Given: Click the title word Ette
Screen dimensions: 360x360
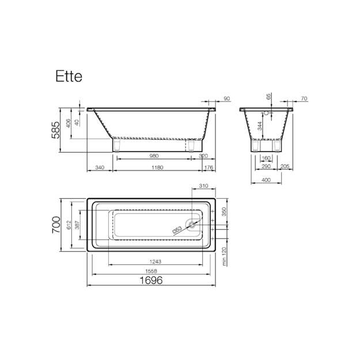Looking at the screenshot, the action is pyautogui.click(x=69, y=77).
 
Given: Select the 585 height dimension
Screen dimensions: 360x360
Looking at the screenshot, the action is pyautogui.click(x=55, y=130).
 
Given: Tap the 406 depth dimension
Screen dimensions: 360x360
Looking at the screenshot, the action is pyautogui.click(x=69, y=123).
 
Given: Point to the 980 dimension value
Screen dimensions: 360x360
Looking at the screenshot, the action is pyautogui.click(x=154, y=156).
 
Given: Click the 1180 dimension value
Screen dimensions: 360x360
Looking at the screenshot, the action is pyautogui.click(x=157, y=168).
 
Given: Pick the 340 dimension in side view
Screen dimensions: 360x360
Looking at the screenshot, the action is pyautogui.click(x=100, y=168).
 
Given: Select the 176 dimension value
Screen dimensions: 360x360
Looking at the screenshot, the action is pyautogui.click(x=209, y=168).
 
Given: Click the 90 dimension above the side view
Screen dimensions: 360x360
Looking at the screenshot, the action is pyautogui.click(x=227, y=98).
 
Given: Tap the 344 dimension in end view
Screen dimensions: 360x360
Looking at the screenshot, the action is pyautogui.click(x=259, y=126).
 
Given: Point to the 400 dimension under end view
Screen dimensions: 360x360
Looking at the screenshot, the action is pyautogui.click(x=266, y=180).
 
